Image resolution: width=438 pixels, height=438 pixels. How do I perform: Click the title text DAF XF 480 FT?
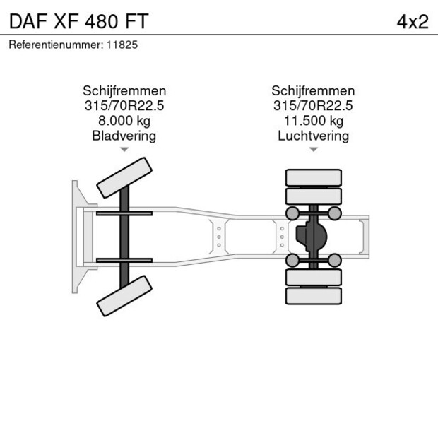(x=78, y=21)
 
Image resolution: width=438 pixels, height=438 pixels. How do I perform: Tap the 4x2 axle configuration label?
(x=413, y=21)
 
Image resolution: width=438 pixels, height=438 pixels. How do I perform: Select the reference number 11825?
(x=122, y=45)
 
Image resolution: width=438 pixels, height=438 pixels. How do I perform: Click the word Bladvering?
(x=124, y=136)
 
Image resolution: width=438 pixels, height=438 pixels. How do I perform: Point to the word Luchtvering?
(x=313, y=136)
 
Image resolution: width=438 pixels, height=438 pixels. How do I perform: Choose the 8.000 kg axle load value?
(x=124, y=121)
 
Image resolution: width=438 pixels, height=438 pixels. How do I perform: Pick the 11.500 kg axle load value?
(x=313, y=121)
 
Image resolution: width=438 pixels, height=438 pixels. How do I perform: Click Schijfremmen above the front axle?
(x=124, y=91)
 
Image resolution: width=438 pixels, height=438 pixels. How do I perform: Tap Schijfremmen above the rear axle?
(x=313, y=91)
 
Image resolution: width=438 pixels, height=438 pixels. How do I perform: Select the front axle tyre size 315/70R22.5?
(x=124, y=106)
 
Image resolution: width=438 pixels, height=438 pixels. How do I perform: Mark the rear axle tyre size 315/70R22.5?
(x=313, y=106)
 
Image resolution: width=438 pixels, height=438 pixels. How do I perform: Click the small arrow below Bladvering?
(x=124, y=149)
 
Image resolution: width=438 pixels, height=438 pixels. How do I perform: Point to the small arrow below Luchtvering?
(x=313, y=149)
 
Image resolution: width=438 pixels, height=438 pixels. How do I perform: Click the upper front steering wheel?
(x=125, y=178)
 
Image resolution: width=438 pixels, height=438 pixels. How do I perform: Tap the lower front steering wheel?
(x=125, y=296)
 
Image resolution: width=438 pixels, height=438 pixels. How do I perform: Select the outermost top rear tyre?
(x=313, y=177)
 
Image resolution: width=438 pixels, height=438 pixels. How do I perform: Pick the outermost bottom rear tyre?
(x=313, y=296)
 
